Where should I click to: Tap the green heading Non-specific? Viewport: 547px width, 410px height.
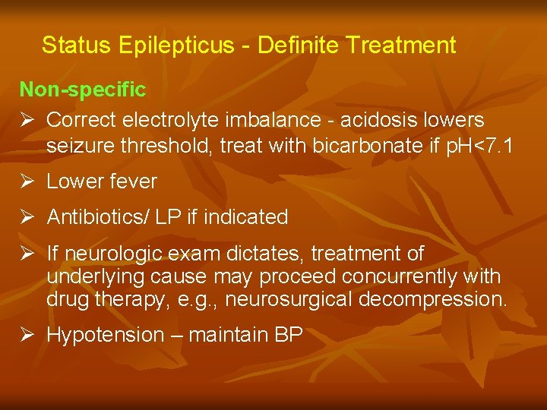click(x=82, y=90)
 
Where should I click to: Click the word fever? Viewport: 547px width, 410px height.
click(x=132, y=181)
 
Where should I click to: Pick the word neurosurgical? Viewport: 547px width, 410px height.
click(x=289, y=299)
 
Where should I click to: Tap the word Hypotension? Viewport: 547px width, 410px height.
click(x=105, y=335)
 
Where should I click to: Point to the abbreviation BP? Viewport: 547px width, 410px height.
click(x=288, y=335)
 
